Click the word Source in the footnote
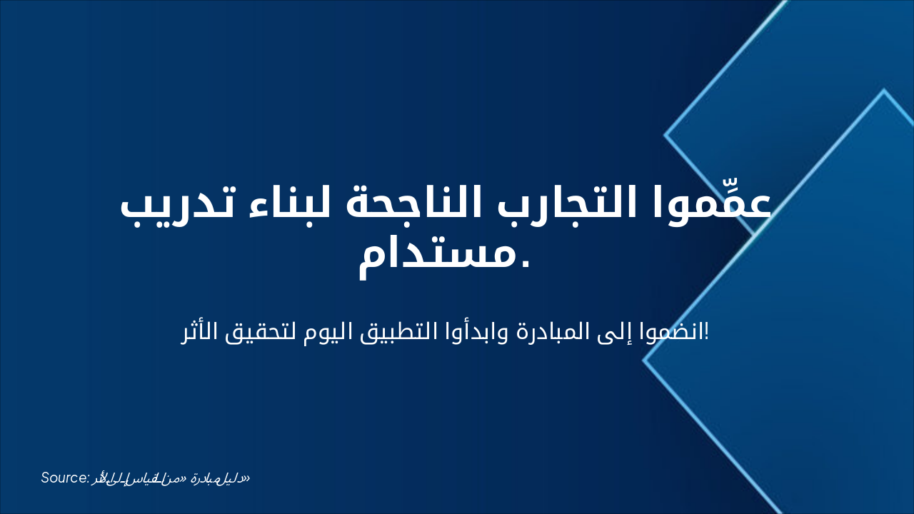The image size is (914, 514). [64, 478]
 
